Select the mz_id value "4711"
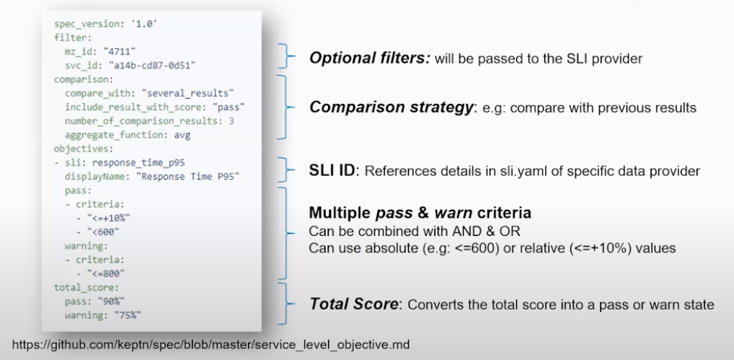click(120, 51)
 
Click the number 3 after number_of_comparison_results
click(231, 120)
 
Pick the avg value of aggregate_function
click(182, 135)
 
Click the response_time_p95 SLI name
click(138, 163)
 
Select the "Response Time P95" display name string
click(190, 177)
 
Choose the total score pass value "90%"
click(111, 301)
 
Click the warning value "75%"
click(128, 315)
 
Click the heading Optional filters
click(370, 58)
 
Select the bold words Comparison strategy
click(392, 107)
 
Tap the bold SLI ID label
click(332, 170)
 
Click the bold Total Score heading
click(354, 304)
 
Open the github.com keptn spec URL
click(211, 345)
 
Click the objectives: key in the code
click(84, 149)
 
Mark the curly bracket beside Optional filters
click(286, 56)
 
